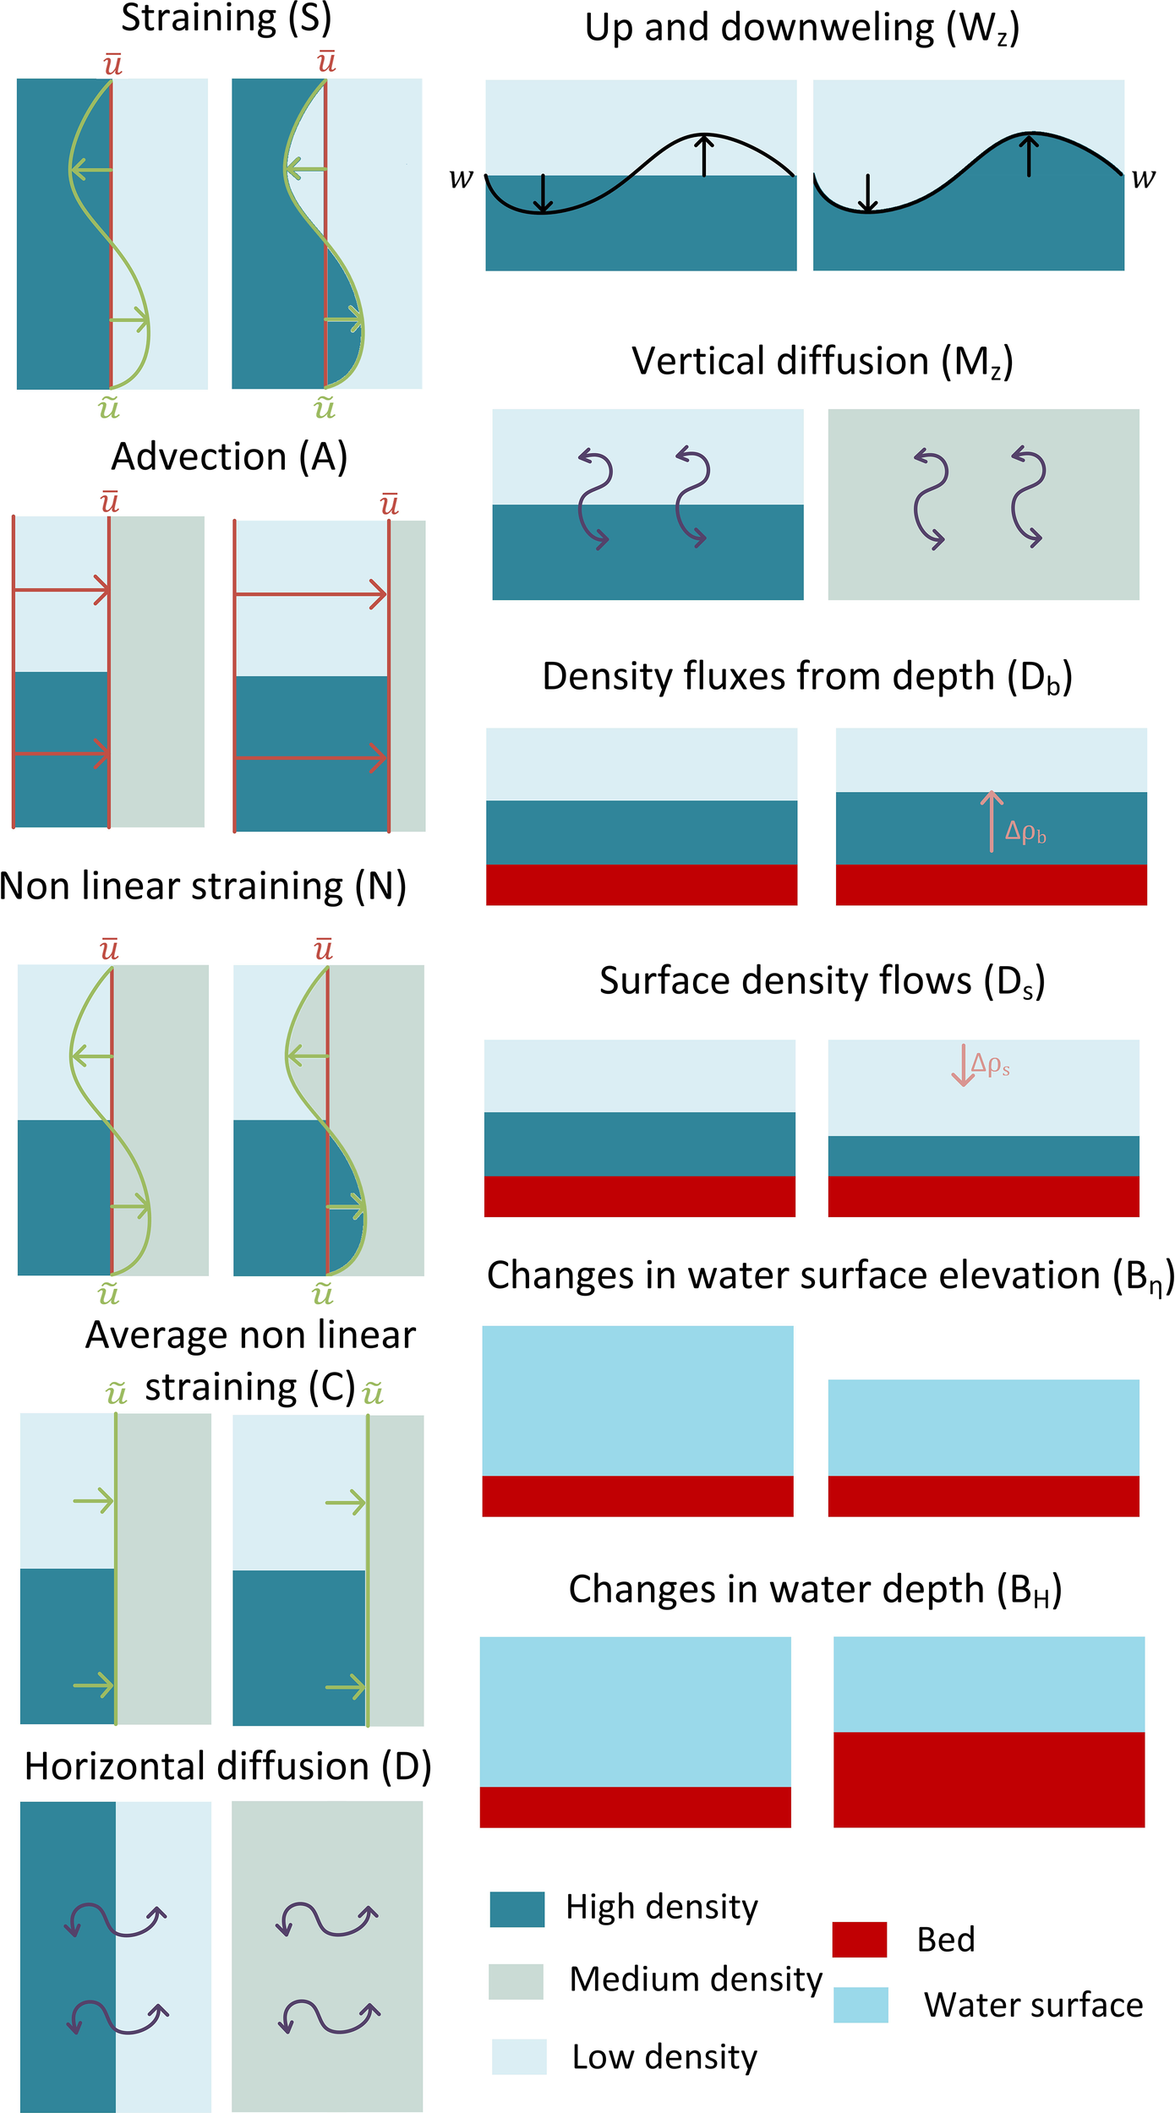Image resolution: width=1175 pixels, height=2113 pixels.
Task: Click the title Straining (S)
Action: pyautogui.click(x=226, y=19)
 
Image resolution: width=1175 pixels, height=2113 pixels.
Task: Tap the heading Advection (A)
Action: pyautogui.click(x=229, y=457)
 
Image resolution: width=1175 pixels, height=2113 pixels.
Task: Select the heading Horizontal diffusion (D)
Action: pyautogui.click(x=227, y=1766)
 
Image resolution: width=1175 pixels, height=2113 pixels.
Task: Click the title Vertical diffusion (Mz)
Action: pyautogui.click(x=822, y=362)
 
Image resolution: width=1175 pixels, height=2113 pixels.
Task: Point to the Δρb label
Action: pyautogui.click(x=1025, y=833)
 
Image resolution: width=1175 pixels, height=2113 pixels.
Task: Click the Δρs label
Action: pyautogui.click(x=991, y=1064)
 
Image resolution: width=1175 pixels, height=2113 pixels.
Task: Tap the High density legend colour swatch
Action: pyautogui.click(x=516, y=1909)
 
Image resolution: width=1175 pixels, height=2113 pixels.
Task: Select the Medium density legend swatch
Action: pyautogui.click(x=516, y=1981)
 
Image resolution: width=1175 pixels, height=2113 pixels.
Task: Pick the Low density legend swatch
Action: pyautogui.click(x=519, y=2056)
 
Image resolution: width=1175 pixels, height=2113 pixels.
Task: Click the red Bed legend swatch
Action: pyautogui.click(x=859, y=1940)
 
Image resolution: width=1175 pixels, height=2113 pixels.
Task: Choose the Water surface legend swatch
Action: pyautogui.click(x=861, y=2005)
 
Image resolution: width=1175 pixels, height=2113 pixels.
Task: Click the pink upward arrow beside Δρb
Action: pyautogui.click(x=992, y=821)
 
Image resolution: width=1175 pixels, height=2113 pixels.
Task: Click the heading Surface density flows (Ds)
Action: pyautogui.click(x=822, y=982)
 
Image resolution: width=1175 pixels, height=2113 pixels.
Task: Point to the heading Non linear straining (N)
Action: pyautogui.click(x=203, y=887)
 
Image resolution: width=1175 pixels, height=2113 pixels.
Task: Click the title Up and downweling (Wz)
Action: pyautogui.click(x=801, y=29)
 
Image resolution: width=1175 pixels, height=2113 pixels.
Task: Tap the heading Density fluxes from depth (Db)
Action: pyautogui.click(x=807, y=678)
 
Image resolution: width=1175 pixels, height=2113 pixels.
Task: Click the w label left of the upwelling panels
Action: pyautogui.click(x=461, y=179)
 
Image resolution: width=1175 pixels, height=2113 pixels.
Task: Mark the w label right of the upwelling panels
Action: pyautogui.click(x=1143, y=178)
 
